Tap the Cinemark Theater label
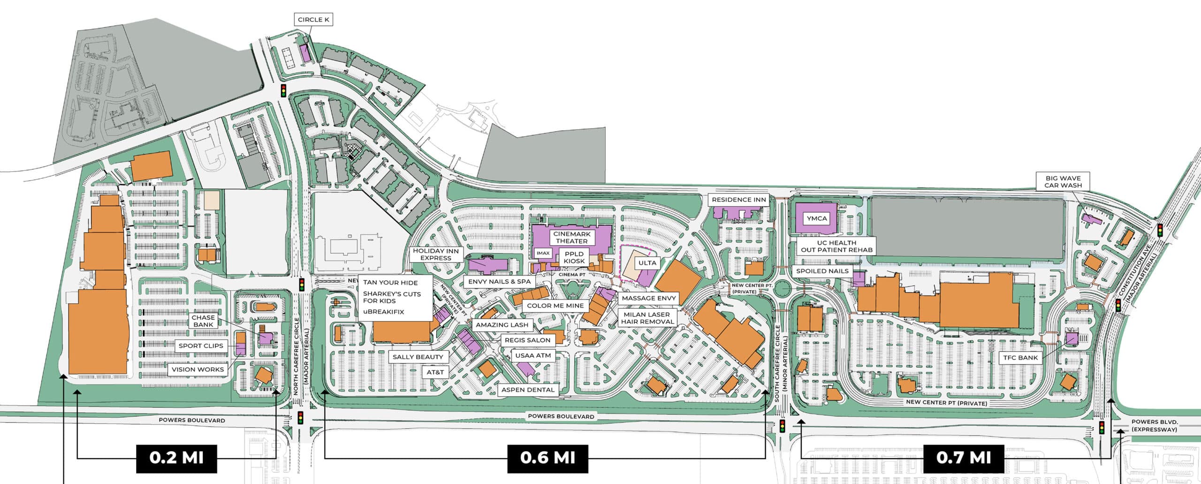571,238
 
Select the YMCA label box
817,218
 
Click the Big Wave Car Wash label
1063,182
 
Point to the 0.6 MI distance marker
547,457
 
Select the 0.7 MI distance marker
964,457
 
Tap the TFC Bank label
1020,358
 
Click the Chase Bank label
203,321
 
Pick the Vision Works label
198,369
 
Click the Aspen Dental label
528,390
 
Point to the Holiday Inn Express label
435,254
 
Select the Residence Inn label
738,200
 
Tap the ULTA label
647,263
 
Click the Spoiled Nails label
822,271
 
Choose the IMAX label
543,253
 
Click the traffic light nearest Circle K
283,91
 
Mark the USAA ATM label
533,355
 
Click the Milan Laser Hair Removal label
647,318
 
